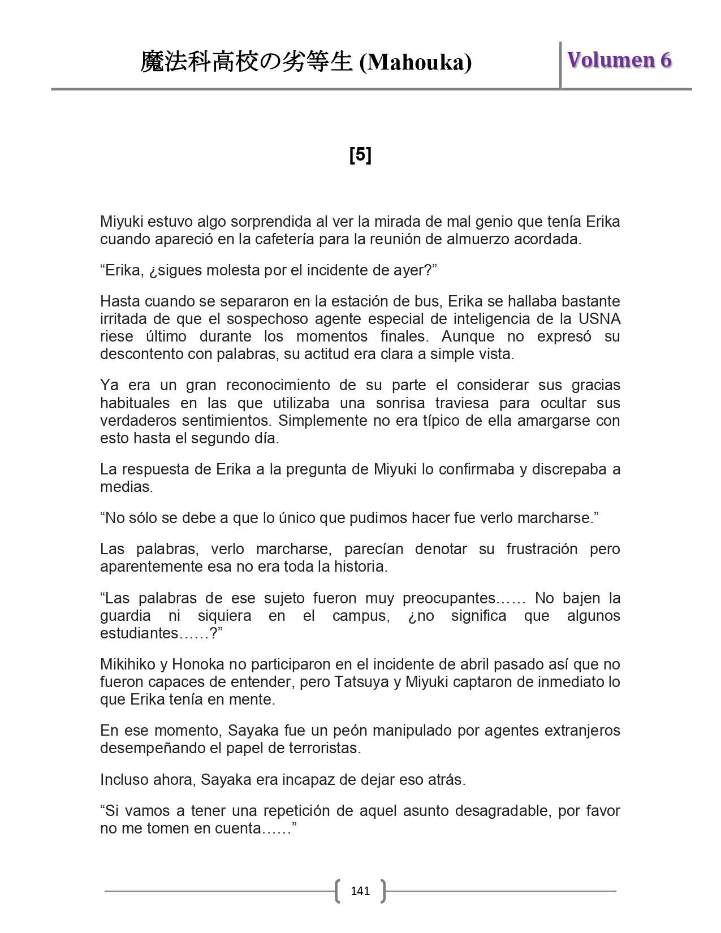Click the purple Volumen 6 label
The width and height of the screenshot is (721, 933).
point(619,60)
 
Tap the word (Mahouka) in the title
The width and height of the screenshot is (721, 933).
point(416,62)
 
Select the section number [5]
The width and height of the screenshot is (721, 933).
point(360,154)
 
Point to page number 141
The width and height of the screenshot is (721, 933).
point(360,891)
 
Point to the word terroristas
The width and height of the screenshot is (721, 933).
point(324,748)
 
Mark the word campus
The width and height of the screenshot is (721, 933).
point(361,616)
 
